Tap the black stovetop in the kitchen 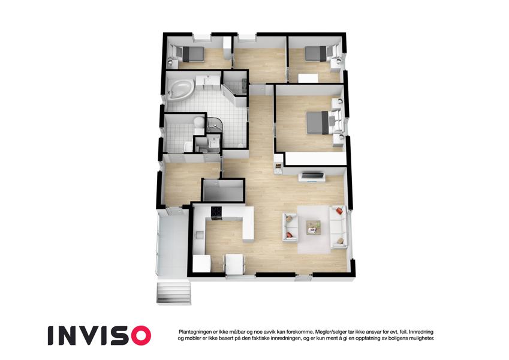pos(216,212)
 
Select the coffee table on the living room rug pos(314,226)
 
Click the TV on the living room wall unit pos(312,176)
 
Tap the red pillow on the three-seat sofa pos(339,211)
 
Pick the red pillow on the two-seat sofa pos(289,235)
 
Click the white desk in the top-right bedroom pos(308,78)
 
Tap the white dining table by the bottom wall pos(234,264)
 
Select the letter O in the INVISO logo pos(138,335)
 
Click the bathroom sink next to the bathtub pos(206,80)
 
